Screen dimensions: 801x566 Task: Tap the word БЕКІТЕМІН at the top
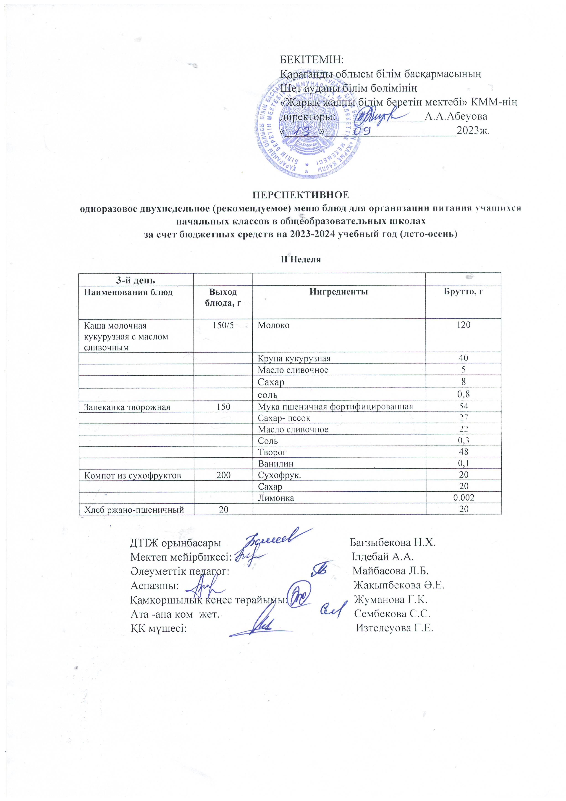click(x=312, y=60)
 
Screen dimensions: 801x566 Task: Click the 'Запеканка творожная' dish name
click(x=127, y=407)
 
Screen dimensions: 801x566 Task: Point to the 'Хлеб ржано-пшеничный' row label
click(x=134, y=510)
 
